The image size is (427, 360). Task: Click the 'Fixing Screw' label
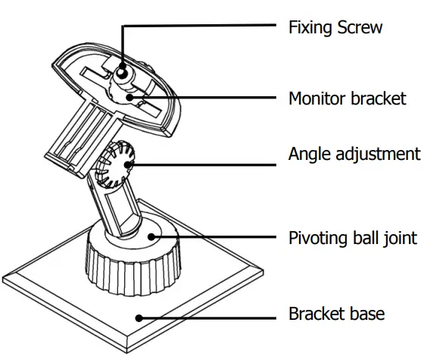(x=335, y=27)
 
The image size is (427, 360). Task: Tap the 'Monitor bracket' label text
(x=348, y=98)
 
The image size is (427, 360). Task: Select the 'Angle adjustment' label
(x=354, y=154)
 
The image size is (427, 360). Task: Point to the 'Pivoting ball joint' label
(x=352, y=238)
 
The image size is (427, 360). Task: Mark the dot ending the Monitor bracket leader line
(x=130, y=98)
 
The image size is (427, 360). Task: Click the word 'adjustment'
(x=377, y=155)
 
